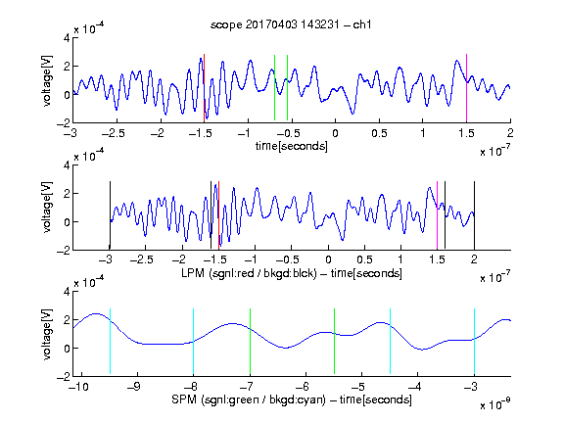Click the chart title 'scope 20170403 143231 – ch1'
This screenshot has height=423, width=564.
(x=291, y=24)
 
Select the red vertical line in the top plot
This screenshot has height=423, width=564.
(x=205, y=88)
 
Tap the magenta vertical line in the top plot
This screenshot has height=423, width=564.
(x=466, y=88)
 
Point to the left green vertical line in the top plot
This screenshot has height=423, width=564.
(x=274, y=87)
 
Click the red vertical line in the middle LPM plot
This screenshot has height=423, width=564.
(x=218, y=215)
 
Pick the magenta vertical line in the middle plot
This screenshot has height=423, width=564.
(x=437, y=215)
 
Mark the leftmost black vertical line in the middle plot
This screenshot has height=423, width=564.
(x=110, y=215)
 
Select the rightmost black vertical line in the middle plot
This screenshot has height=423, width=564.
(x=474, y=215)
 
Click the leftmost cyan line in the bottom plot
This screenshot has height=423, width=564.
(x=110, y=342)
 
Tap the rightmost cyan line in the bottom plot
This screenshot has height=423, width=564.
(x=474, y=342)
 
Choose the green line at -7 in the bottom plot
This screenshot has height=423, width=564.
(x=250, y=342)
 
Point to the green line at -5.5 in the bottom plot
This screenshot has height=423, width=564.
(x=334, y=342)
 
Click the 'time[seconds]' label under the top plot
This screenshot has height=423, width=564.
(x=292, y=146)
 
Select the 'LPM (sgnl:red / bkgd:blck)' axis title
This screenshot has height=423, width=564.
(x=249, y=273)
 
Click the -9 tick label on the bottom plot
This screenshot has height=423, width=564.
(x=134, y=387)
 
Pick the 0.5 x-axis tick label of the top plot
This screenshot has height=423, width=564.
(x=379, y=133)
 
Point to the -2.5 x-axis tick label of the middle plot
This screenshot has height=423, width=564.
(x=142, y=259)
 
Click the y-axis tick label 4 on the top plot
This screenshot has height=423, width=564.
(x=67, y=38)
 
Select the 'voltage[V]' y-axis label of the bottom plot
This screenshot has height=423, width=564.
(x=47, y=334)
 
